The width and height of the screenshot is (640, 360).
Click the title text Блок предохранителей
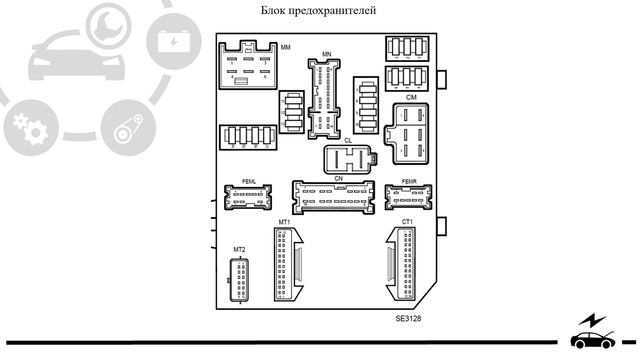coord(318,11)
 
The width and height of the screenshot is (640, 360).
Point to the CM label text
coord(411,98)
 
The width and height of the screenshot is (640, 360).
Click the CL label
coord(348,141)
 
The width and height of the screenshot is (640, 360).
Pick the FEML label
coord(249,181)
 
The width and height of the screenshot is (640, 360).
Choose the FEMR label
coord(408,181)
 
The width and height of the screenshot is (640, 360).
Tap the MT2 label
coord(239,249)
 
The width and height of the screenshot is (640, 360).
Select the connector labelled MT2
coord(239,279)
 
